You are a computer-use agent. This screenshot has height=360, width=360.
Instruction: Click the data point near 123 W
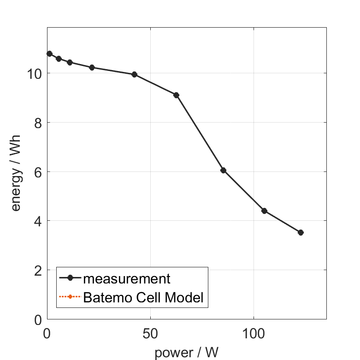point(301,232)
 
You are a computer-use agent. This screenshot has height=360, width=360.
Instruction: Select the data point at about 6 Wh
point(223,170)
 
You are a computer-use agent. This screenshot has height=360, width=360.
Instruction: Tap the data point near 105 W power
point(264,211)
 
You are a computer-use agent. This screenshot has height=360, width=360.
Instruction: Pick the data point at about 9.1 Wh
point(176,95)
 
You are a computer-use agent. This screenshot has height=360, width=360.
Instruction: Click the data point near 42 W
point(134,74)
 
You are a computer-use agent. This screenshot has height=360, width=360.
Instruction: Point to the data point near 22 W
point(92,67)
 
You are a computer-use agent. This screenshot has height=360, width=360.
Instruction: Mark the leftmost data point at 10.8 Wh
point(49,53)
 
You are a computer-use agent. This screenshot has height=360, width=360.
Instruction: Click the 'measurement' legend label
point(127,278)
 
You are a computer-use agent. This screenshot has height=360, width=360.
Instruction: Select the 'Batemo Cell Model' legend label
point(143,297)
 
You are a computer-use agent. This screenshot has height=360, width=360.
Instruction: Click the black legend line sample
point(70,278)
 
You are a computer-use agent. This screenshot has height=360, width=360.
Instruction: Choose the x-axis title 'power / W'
point(186,353)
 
